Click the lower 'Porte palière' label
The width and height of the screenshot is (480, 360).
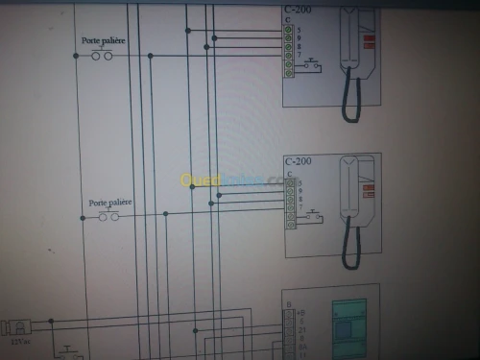tap(109, 203)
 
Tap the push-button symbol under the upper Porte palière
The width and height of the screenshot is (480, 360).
tap(102, 56)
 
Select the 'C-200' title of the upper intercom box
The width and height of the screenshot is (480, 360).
tap(297, 10)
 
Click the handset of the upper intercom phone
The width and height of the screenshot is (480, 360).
tap(350, 38)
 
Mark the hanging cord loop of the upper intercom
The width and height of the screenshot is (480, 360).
tap(352, 101)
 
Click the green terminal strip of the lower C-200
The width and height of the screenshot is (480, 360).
tap(290, 204)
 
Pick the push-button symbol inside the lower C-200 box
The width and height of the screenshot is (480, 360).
tap(313, 219)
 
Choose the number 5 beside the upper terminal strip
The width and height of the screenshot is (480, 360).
tap(300, 29)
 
